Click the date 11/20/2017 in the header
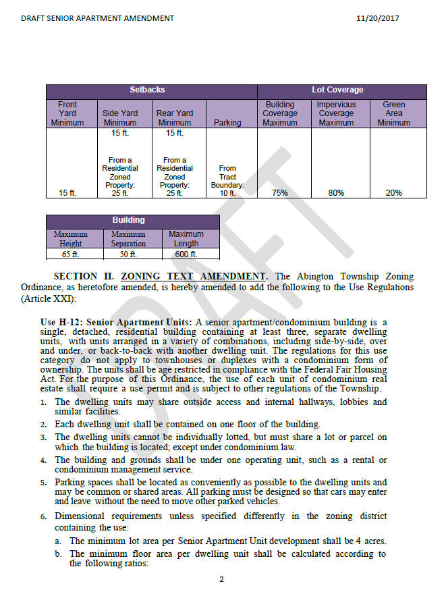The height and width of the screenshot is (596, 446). [x=377, y=18]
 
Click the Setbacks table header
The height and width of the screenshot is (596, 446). [x=147, y=90]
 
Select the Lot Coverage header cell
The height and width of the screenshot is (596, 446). [x=337, y=90]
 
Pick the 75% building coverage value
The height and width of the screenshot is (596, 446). [x=279, y=193]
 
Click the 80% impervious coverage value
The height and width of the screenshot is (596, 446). [x=336, y=193]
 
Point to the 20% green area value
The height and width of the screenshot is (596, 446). [x=393, y=193]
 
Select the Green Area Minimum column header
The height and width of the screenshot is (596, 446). [x=393, y=113]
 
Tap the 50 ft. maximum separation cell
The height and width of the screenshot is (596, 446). [x=128, y=254]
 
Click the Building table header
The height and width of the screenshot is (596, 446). [x=128, y=220]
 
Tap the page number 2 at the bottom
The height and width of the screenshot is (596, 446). [x=221, y=579]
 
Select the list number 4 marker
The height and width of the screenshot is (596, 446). [x=43, y=460]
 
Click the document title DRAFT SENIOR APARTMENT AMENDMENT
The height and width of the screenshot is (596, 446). [x=97, y=18]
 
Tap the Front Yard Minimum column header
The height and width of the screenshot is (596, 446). [x=67, y=113]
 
